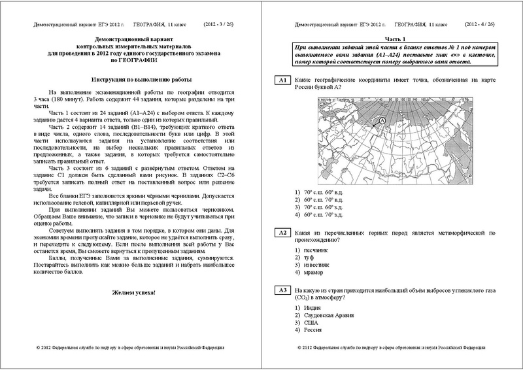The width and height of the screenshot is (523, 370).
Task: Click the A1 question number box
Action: tap(282, 80)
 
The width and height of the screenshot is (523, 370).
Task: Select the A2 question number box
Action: tap(282, 233)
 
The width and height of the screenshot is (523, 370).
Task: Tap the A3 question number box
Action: tap(282, 290)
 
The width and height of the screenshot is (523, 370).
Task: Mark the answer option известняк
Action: tap(315, 264)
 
